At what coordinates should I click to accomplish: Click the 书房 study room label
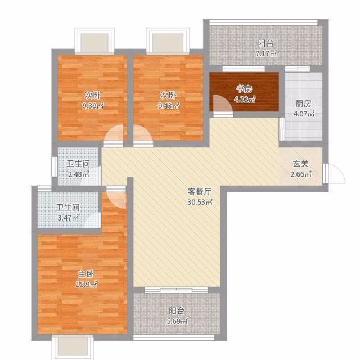[245, 89]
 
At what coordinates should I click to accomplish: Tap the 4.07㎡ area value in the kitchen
[304, 114]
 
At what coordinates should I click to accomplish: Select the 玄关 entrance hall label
[300, 164]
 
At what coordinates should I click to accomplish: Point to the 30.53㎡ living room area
[200, 202]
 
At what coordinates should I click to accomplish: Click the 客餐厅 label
[200, 191]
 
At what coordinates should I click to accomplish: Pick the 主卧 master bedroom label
[86, 274]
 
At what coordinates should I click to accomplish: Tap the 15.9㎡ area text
[86, 285]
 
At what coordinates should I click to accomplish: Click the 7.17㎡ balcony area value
[266, 54]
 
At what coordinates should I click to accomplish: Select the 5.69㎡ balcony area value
[177, 321]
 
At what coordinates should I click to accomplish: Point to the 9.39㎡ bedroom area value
[93, 106]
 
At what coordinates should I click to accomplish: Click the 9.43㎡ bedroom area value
[169, 106]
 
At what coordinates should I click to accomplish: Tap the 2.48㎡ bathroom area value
[79, 174]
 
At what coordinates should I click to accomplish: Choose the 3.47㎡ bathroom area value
[68, 218]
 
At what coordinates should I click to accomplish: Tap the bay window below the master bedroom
[73, 347]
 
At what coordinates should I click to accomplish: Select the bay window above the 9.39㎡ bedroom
[94, 40]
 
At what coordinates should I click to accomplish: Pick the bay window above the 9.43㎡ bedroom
[168, 41]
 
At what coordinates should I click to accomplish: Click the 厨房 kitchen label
[304, 103]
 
